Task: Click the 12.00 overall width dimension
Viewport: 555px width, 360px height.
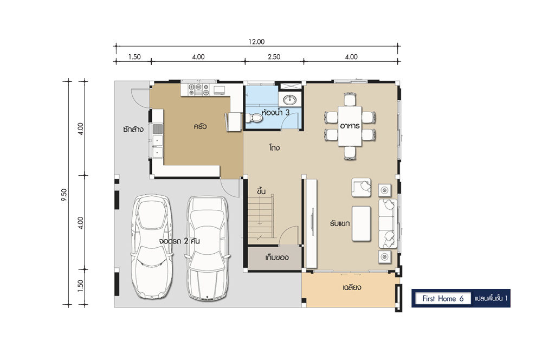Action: point(256,42)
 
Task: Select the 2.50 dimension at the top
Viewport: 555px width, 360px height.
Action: point(274,56)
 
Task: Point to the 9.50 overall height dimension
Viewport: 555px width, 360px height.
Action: point(64,195)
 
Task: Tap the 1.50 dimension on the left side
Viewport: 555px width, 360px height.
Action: point(80,286)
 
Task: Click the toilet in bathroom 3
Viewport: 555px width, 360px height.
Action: point(254,118)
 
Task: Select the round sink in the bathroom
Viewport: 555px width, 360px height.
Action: point(290,100)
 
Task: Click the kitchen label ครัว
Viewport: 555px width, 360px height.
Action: point(200,126)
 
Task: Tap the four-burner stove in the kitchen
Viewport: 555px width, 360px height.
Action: point(198,89)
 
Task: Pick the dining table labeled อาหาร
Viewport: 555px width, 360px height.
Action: point(350,126)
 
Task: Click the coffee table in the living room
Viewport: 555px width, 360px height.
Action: point(361,224)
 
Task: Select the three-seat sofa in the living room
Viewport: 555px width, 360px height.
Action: point(388,224)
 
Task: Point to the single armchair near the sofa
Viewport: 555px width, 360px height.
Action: point(361,187)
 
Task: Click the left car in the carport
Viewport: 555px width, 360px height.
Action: point(152,246)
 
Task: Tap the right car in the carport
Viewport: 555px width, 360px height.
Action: point(208,248)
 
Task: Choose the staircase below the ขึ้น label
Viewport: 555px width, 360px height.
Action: point(261,220)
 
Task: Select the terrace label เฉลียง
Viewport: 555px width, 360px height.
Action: point(352,287)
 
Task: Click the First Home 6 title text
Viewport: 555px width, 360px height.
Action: point(443,298)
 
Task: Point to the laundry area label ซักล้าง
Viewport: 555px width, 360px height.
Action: point(133,129)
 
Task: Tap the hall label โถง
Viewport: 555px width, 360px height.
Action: point(274,147)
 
